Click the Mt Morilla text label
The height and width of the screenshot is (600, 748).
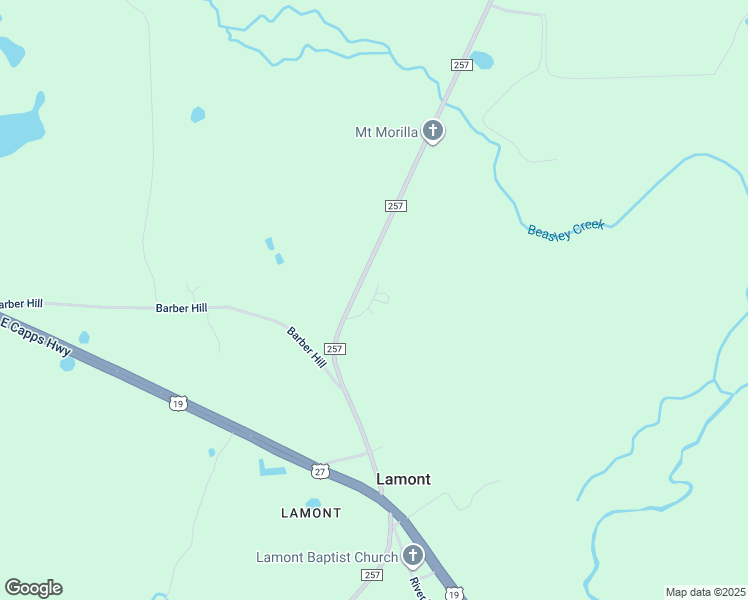[385, 132]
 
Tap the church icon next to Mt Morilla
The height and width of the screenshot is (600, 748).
[433, 131]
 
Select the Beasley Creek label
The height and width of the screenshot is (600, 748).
[565, 229]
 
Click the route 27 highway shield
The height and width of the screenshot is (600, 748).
[319, 471]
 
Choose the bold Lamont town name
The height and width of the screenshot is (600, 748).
[403, 479]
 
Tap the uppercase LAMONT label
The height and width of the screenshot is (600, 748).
[311, 513]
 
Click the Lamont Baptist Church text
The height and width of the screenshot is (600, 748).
[325, 557]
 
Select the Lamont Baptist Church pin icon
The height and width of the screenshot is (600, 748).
[412, 556]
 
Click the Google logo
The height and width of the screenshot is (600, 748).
[33, 588]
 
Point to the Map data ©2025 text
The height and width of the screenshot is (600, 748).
[705, 592]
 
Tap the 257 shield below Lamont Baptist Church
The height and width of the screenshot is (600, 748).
[372, 575]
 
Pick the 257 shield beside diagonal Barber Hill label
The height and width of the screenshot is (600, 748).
[335, 349]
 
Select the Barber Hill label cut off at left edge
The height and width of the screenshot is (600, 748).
[20, 304]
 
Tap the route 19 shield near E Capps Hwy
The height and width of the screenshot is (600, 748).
[177, 403]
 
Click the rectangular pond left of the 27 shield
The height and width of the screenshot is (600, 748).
[273, 467]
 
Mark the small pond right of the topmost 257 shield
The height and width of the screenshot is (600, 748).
[482, 60]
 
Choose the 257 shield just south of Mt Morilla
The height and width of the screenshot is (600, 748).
[395, 205]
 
